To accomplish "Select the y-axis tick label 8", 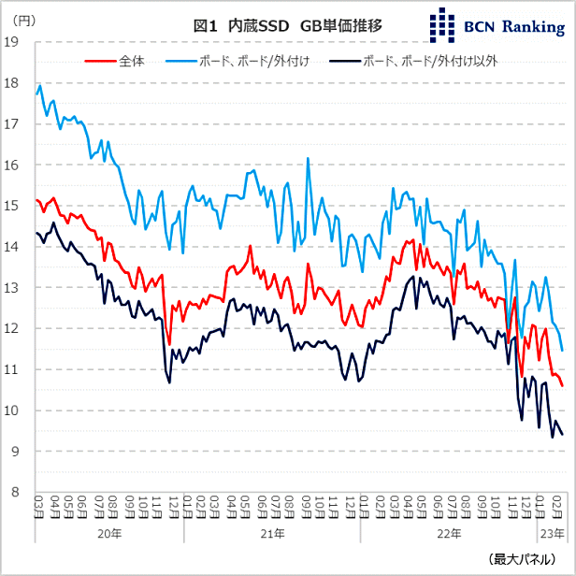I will coord(17,493).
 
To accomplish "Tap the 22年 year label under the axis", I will coord(449,533).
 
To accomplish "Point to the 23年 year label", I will coord(553,533).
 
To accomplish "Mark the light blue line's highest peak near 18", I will coord(40,85).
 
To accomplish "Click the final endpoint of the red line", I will coord(562,385).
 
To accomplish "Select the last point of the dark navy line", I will coord(562,434).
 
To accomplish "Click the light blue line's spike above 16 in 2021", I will coord(308,159).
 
